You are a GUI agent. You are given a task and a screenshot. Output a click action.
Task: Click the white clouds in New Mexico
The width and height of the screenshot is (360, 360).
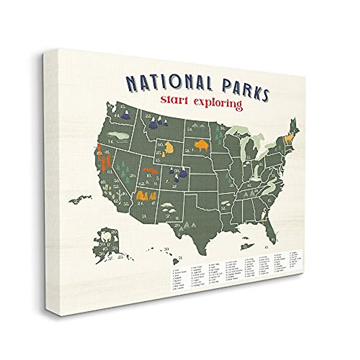pos(168,207)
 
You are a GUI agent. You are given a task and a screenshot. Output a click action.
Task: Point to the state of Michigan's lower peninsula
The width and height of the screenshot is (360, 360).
pos(250,150)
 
